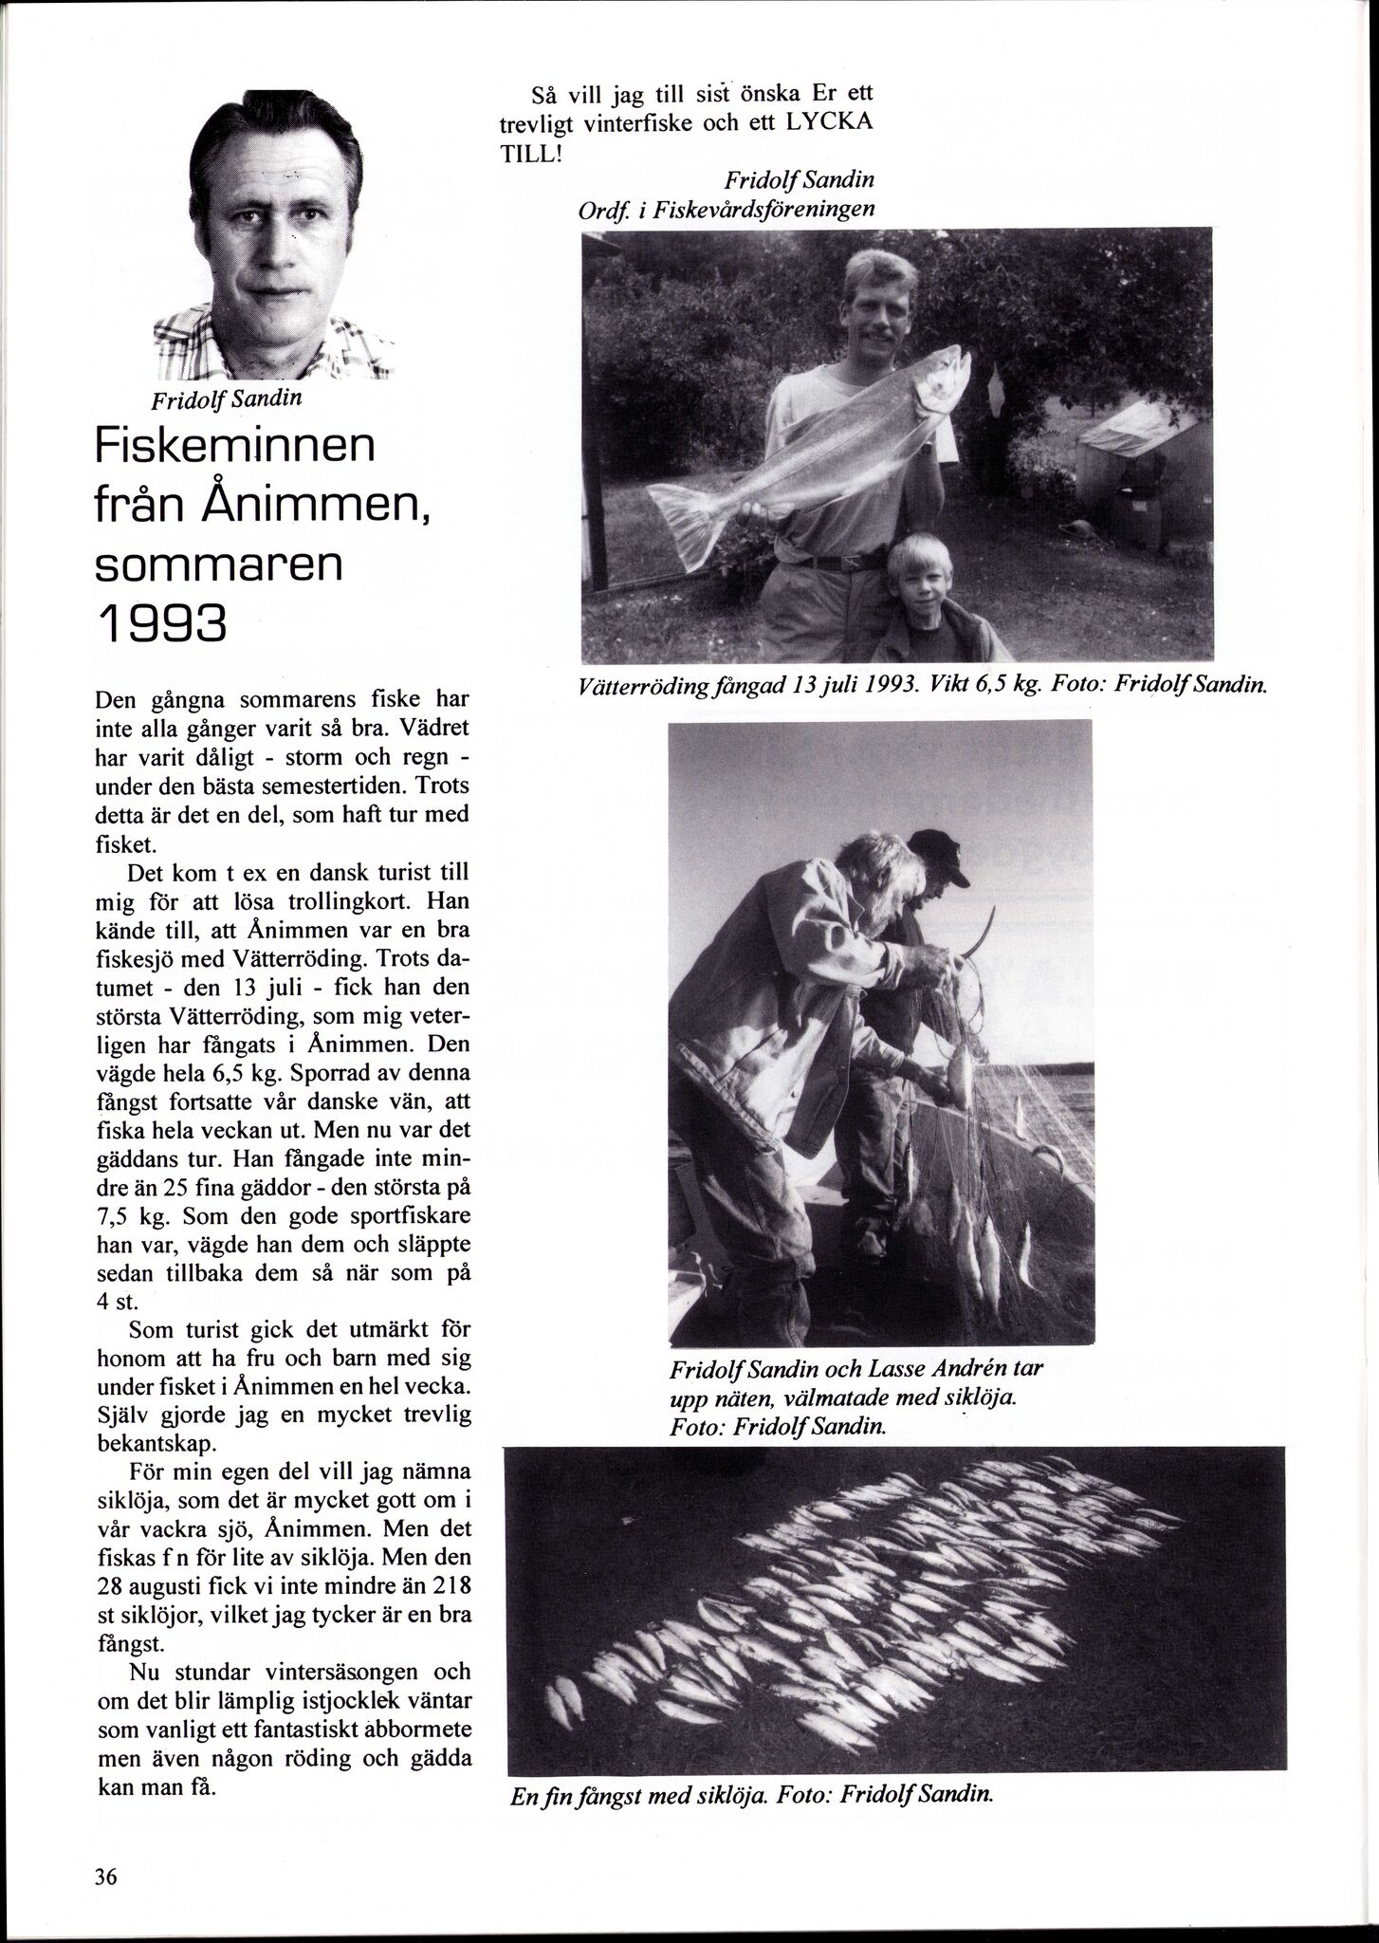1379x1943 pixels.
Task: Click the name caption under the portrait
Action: pos(227,398)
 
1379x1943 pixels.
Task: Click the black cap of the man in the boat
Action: pos(938,852)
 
